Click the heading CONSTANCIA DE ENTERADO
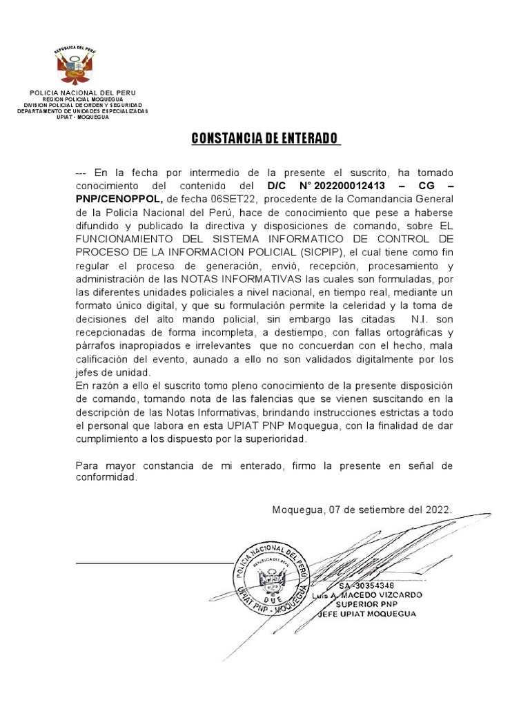265,139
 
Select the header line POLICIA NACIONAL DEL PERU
82,93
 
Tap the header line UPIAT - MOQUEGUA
82,117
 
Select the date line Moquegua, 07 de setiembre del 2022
362,510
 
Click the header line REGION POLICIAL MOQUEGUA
82,99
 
